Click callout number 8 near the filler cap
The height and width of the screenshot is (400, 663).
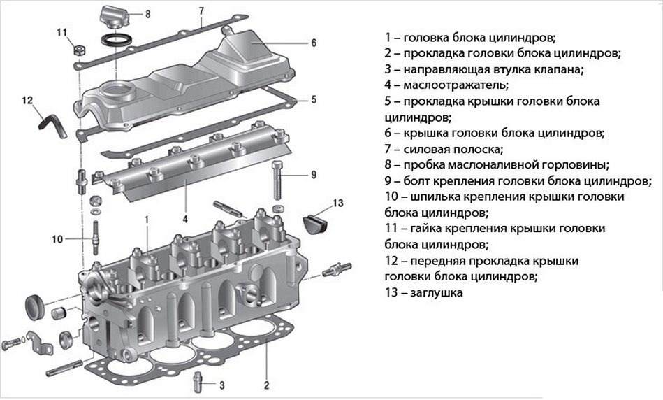[x=147, y=14]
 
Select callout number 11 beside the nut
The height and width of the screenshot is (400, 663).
[x=61, y=33]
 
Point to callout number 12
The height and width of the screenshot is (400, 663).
[x=27, y=100]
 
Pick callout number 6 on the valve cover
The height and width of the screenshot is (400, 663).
[x=314, y=43]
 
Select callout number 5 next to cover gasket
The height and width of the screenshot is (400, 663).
[x=314, y=99]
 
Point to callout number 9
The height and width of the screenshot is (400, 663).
[x=314, y=174]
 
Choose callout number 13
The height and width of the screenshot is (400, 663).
[x=338, y=203]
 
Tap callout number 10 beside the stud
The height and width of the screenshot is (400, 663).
[x=58, y=239]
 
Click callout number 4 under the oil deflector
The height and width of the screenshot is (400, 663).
[x=185, y=219]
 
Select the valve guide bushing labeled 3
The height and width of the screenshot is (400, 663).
[x=198, y=382]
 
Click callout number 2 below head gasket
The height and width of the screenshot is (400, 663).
[x=266, y=384]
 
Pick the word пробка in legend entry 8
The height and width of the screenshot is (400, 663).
[x=422, y=165]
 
